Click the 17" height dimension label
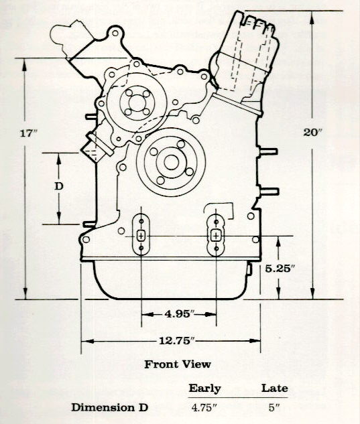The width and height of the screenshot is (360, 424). (28, 133)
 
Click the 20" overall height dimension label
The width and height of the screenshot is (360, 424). (312, 132)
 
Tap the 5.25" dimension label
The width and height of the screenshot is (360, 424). (280, 269)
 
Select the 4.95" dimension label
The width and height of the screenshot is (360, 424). (180, 314)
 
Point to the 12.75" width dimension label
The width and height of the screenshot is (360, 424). (177, 341)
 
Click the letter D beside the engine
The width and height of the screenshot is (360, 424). (59, 186)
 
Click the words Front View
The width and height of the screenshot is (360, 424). (177, 364)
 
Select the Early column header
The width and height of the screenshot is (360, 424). (204, 388)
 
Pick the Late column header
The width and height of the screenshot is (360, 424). (274, 388)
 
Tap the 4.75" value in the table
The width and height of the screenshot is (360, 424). (204, 407)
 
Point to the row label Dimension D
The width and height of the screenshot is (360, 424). (110, 407)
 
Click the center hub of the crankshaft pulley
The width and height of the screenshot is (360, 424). (172, 162)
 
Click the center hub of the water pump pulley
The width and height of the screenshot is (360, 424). (137, 103)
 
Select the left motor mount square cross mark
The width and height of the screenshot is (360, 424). (141, 236)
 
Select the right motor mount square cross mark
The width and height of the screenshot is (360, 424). (216, 236)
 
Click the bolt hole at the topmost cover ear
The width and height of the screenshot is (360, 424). (115, 33)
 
